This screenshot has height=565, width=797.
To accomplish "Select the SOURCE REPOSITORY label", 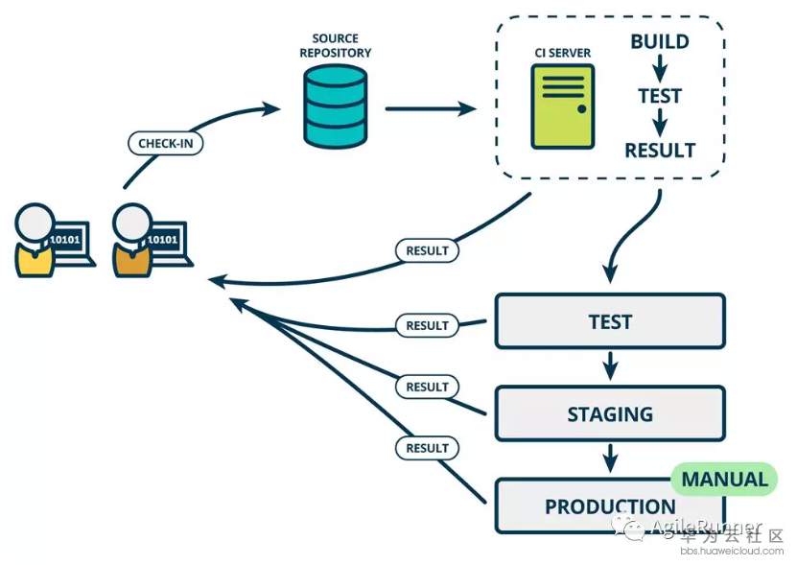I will (335, 46).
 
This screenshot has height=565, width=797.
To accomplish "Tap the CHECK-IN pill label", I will (165, 144).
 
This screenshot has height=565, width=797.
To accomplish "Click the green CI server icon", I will (563, 106).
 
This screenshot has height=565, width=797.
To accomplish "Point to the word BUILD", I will (660, 41).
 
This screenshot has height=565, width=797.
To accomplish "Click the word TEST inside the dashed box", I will (660, 96).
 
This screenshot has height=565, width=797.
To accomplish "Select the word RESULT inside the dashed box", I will (660, 150).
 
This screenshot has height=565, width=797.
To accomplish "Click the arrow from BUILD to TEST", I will (660, 68).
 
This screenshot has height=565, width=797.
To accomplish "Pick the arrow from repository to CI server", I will (431, 109).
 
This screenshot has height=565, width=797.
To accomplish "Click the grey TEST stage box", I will (610, 321).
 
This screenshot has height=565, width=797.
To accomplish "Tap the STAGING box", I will (610, 414).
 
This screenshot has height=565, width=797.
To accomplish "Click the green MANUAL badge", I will (725, 479).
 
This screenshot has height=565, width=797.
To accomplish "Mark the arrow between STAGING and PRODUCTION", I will (610, 458).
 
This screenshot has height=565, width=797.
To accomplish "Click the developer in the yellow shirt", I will (35, 242).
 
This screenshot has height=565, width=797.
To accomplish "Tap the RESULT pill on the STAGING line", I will (427, 387).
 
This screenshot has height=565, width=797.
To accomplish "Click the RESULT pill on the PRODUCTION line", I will (427, 448).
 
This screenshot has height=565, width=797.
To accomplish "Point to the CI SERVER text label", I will (563, 52).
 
